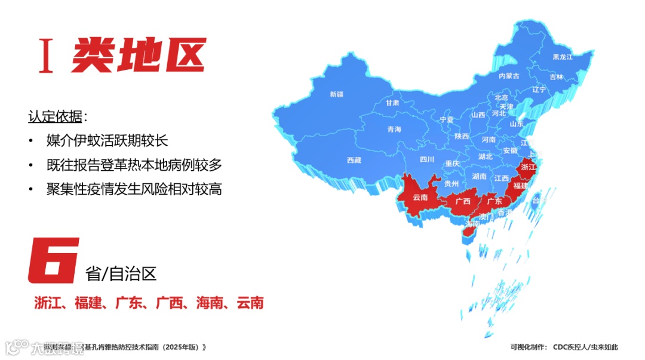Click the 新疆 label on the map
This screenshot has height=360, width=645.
[x=336, y=94]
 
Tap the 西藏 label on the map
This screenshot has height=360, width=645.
[x=354, y=160]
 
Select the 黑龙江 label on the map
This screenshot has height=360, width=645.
[x=562, y=57]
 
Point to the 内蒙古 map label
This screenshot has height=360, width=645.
[x=509, y=76]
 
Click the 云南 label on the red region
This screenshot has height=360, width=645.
[x=420, y=198]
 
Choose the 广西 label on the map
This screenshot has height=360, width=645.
[x=463, y=201]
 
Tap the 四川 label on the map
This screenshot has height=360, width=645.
[x=426, y=159]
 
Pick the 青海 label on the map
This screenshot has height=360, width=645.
[x=394, y=130]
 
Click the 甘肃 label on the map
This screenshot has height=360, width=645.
[x=392, y=103]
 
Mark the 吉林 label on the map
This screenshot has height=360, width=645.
[x=556, y=77]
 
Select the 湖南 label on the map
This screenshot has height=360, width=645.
[x=479, y=177]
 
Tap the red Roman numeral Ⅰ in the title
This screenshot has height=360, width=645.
[x=45, y=56]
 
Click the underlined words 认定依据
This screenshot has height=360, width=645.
[x=56, y=116]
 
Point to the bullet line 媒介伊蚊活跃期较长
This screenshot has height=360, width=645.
[x=107, y=141]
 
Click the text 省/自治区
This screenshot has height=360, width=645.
[x=121, y=274]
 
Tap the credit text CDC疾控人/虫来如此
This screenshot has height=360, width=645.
[x=585, y=347]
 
